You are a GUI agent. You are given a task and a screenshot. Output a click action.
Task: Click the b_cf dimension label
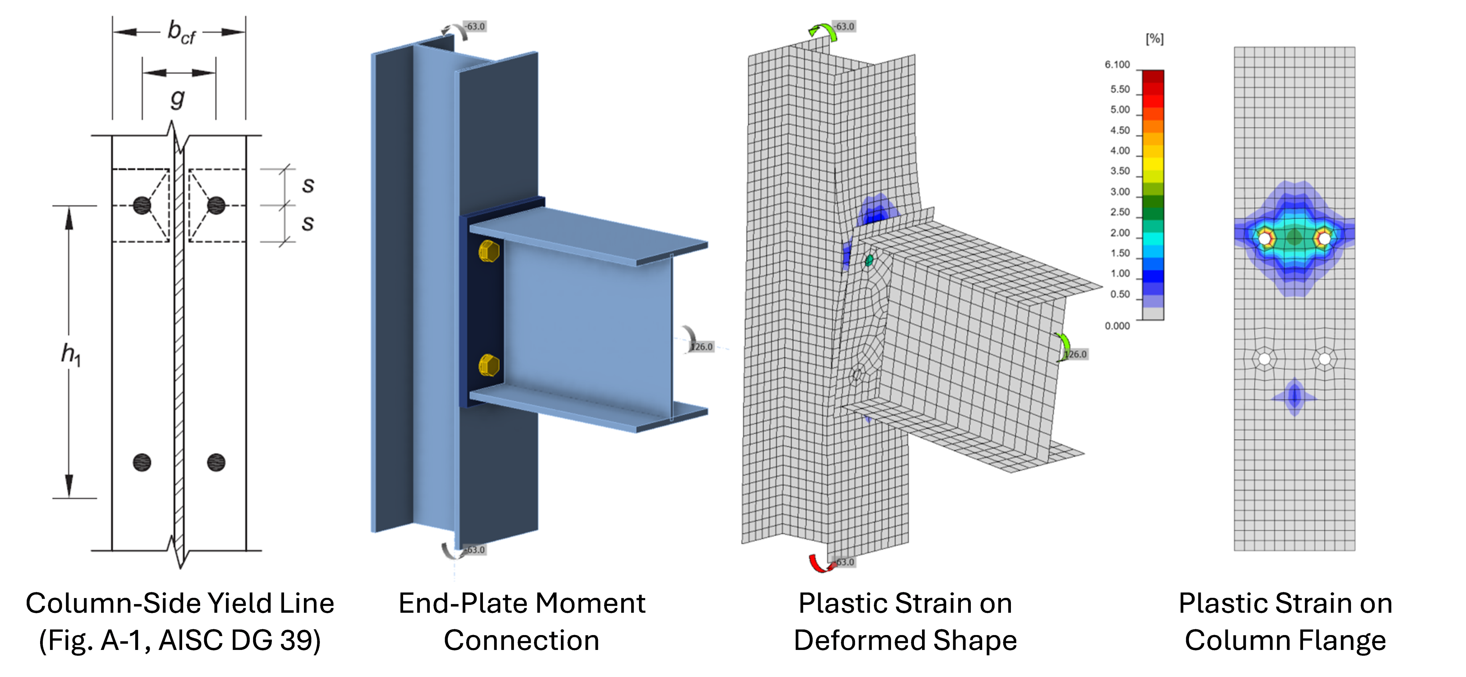click(181, 32)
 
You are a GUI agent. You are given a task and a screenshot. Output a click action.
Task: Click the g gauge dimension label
click(178, 98)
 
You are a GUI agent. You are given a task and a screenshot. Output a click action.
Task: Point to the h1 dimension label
click(71, 355)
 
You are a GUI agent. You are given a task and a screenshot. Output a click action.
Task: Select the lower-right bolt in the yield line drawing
click(216, 463)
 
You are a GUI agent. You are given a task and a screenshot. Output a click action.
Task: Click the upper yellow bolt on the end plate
click(489, 251)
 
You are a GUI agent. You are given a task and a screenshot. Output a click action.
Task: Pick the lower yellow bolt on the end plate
click(489, 365)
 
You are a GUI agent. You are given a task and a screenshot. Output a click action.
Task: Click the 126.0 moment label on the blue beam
click(702, 347)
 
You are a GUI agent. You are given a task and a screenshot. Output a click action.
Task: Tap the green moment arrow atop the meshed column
click(823, 32)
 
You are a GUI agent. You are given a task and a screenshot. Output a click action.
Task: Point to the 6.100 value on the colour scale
click(1117, 65)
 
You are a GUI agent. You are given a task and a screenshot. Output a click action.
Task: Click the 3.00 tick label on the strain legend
click(1119, 192)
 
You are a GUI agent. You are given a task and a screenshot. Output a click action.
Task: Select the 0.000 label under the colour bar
click(1117, 326)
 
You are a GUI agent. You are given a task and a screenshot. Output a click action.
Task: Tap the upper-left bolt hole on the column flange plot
click(1264, 239)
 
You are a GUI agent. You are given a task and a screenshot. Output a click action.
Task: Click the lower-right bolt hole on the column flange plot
click(1325, 359)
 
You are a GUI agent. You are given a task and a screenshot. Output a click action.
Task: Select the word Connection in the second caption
click(521, 641)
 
